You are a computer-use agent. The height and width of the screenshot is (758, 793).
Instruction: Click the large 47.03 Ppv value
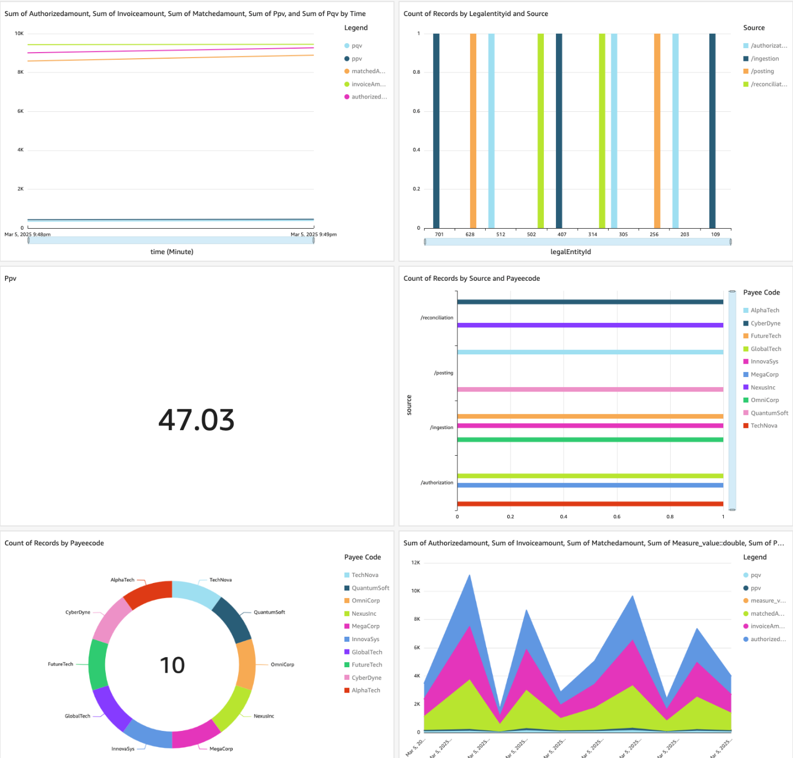[197, 420]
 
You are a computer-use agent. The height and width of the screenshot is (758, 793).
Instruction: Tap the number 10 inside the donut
[172, 665]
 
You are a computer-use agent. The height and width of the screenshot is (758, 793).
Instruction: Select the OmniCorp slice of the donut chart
[246, 664]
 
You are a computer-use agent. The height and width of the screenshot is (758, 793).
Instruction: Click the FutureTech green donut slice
[98, 664]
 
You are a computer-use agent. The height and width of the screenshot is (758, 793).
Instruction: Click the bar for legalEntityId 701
[436, 130]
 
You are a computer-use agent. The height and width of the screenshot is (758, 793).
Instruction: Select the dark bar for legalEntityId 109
[712, 130]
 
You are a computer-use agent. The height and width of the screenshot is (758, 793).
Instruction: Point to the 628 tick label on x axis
[470, 234]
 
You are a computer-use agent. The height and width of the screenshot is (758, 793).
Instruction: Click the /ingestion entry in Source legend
[764, 59]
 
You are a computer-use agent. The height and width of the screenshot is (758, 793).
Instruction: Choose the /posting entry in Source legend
[762, 71]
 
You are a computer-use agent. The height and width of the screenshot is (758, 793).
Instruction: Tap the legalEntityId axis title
[570, 252]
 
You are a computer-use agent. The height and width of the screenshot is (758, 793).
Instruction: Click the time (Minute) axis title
[172, 252]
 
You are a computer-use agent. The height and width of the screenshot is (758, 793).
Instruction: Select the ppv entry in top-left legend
[357, 59]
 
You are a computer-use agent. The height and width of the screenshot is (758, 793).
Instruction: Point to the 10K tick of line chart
[19, 34]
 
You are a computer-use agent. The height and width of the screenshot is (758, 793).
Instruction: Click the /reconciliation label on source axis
[437, 318]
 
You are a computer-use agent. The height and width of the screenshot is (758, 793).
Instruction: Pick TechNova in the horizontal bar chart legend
[764, 426]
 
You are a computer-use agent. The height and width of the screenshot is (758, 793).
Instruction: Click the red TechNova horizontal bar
[590, 504]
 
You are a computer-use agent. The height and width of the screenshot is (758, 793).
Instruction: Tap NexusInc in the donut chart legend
[364, 613]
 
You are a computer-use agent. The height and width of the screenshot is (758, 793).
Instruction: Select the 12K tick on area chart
[415, 563]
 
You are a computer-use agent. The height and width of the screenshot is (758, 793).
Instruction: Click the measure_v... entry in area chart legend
[768, 601]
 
